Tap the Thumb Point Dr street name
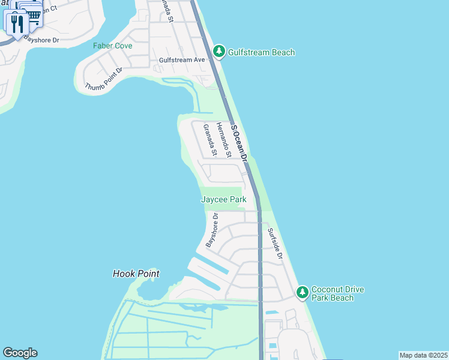[104, 79]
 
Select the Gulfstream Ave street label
[182, 60]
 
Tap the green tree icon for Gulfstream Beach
[219, 52]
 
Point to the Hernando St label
[223, 140]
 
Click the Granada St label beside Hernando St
[209, 140]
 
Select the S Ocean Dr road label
[239, 144]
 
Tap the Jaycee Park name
[223, 199]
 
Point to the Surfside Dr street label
[275, 244]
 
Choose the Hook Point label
[136, 274]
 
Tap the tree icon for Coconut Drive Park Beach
[303, 292]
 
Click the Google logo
[20, 353]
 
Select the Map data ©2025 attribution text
[423, 355]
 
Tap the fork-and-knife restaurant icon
[16, 23]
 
